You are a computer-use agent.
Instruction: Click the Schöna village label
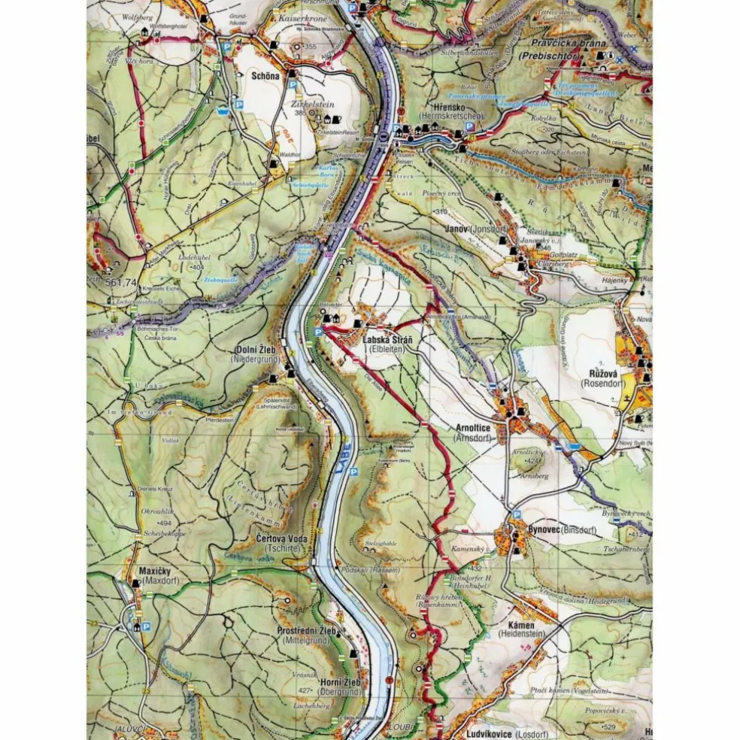click(265, 76)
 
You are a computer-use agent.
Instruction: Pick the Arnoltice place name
click(473, 428)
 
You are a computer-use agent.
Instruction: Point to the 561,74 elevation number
click(122, 283)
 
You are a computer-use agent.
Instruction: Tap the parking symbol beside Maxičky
click(147, 626)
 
